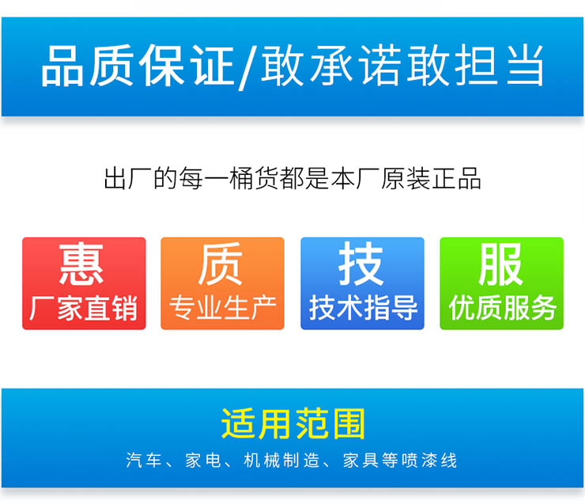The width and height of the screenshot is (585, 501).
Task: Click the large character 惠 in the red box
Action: click(x=81, y=263)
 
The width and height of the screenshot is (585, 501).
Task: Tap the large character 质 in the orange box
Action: click(x=221, y=263)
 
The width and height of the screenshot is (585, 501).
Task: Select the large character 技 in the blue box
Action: click(x=360, y=263)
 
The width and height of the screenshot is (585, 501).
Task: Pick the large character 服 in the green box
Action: click(x=500, y=263)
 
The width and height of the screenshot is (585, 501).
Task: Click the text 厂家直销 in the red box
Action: click(x=83, y=308)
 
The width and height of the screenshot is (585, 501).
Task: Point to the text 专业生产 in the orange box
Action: click(x=223, y=308)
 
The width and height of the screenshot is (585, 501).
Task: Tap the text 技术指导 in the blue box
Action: click(x=363, y=308)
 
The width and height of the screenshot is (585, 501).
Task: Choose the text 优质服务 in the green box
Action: click(x=503, y=308)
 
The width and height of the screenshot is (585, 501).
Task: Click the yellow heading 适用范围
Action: click(x=292, y=423)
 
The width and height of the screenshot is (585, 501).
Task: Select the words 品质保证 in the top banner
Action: click(x=138, y=66)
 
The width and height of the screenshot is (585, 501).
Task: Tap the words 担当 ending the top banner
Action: click(x=500, y=66)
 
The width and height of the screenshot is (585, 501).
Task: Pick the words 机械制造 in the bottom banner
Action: click(x=282, y=460)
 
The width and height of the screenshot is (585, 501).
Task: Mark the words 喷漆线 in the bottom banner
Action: click(x=429, y=460)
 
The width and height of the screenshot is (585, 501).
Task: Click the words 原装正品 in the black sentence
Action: click(x=431, y=179)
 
